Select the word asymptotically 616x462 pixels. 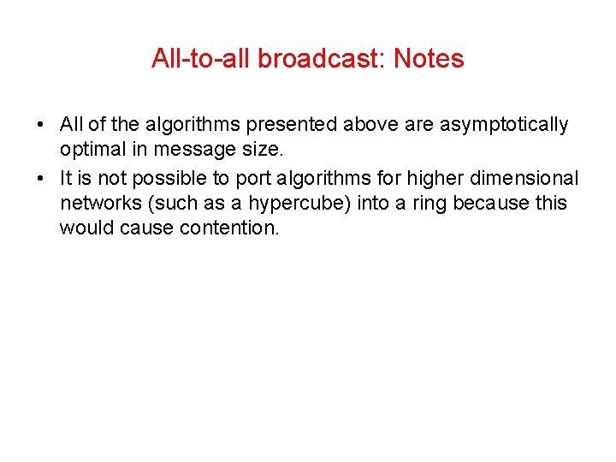click(x=504, y=125)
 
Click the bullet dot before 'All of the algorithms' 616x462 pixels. click(x=41, y=125)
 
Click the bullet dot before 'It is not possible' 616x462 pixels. click(x=41, y=178)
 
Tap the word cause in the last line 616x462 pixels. click(x=148, y=229)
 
